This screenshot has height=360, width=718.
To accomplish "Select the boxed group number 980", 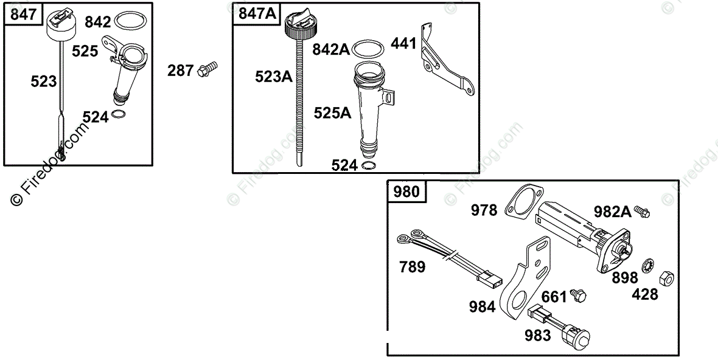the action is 406,191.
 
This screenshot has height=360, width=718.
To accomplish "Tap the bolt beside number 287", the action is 207,69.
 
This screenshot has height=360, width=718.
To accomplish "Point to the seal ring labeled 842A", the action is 369,49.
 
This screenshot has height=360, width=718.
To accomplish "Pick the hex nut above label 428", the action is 666,277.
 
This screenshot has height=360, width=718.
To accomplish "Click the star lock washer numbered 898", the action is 646,266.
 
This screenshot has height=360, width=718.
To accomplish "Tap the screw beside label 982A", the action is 641,212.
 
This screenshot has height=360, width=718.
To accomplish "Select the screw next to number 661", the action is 578,295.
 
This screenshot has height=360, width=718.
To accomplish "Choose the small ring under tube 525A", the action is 369,165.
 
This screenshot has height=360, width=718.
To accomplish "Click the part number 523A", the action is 274,76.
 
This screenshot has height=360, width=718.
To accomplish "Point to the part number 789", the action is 412,266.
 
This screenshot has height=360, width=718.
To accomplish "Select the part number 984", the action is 482,306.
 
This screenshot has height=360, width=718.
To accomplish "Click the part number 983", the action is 537,335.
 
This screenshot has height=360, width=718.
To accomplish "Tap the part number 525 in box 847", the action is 85,50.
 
